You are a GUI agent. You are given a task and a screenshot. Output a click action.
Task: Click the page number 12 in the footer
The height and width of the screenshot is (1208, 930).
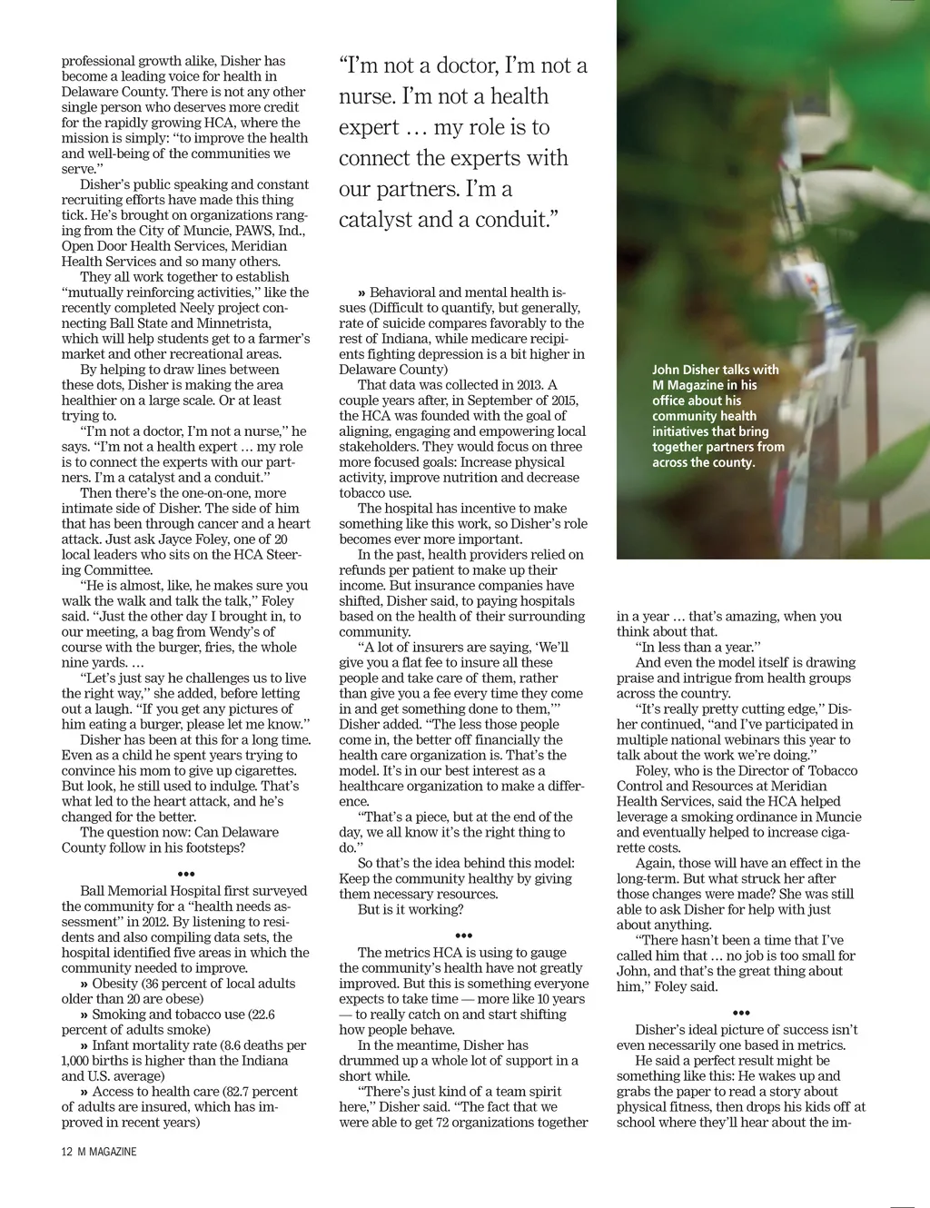[x=67, y=1152]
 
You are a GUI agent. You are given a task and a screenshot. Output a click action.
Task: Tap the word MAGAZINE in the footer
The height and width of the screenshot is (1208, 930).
[x=113, y=1152]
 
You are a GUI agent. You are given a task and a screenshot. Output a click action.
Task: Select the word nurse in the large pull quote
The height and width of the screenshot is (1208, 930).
[x=367, y=96]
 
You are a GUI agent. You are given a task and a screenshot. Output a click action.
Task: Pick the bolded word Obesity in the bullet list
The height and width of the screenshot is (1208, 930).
[x=114, y=984]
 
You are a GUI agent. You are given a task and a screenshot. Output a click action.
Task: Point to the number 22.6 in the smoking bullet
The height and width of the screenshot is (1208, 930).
[x=260, y=1015]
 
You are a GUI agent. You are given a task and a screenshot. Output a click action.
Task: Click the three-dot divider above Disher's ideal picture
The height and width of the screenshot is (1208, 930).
[x=741, y=1014]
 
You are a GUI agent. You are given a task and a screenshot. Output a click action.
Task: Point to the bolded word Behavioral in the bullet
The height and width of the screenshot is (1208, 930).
[x=402, y=292]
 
